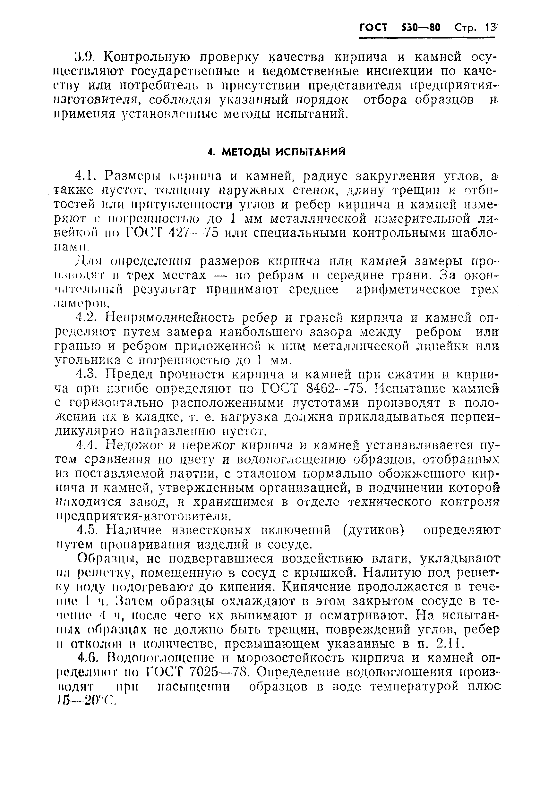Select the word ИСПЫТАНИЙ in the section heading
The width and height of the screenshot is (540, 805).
(x=311, y=152)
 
